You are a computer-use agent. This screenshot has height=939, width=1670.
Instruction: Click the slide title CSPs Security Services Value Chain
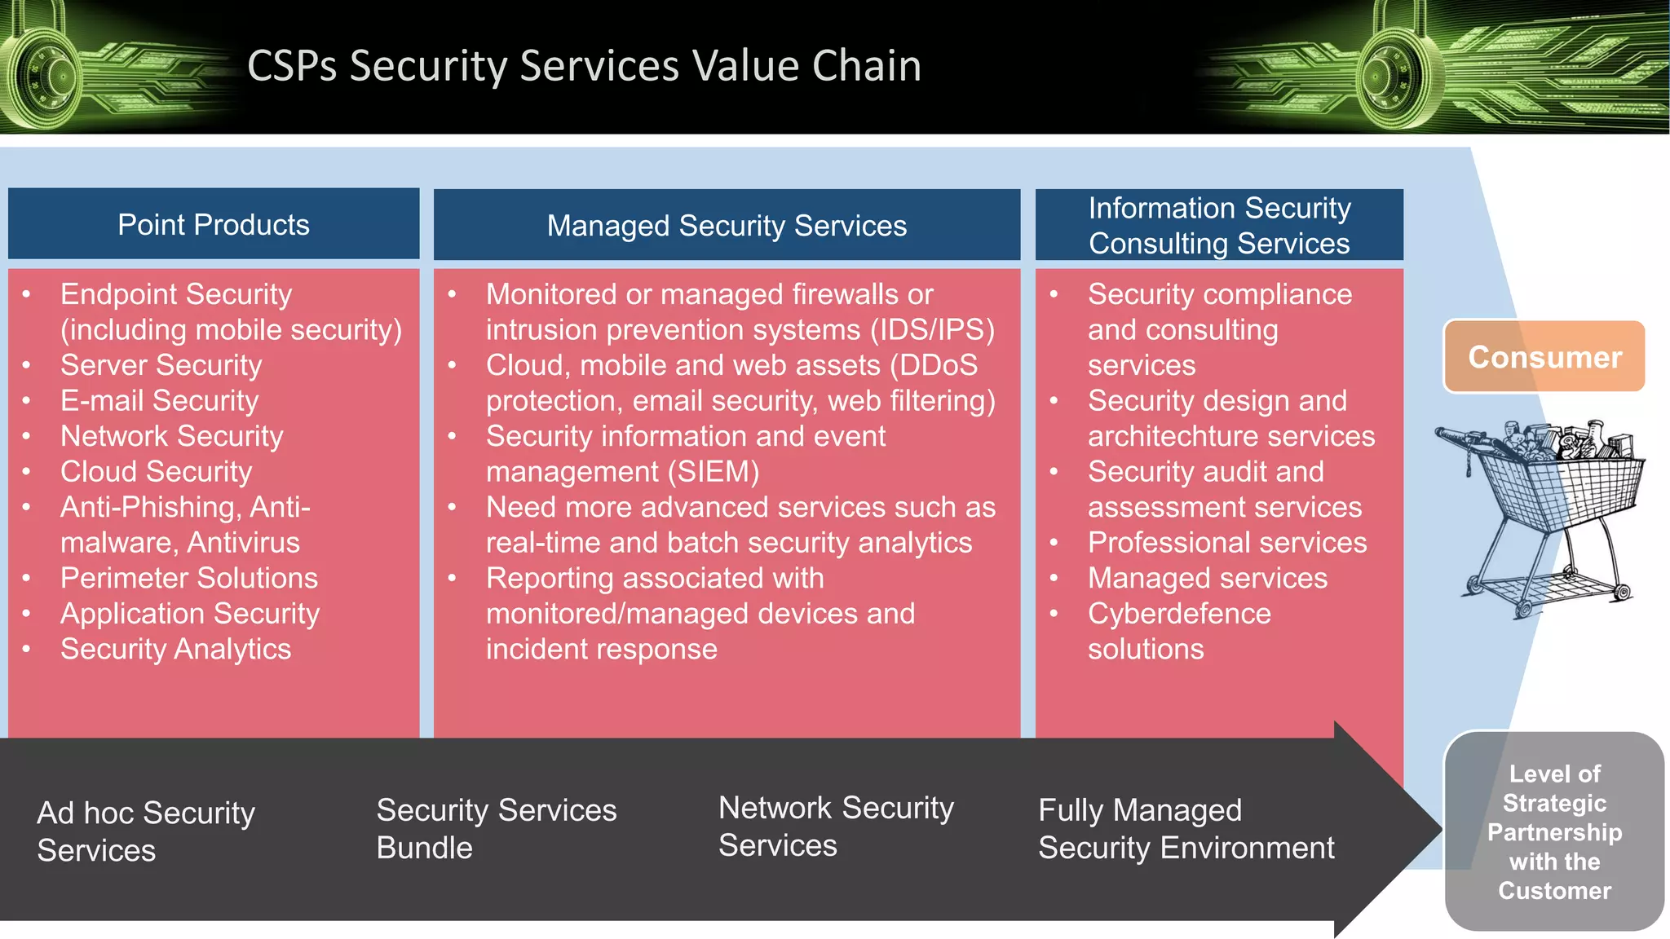584,66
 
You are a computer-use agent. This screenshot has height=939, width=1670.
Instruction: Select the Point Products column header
214,224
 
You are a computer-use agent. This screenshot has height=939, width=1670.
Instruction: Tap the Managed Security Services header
727,225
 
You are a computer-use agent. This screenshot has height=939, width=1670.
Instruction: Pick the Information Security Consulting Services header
1219,225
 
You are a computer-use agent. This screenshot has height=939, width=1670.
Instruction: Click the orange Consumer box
1544,357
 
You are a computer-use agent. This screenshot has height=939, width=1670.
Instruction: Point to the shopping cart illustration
1541,514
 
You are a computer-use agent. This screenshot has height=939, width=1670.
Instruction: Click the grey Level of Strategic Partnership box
1554,831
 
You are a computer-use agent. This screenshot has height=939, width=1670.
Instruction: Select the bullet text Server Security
161,365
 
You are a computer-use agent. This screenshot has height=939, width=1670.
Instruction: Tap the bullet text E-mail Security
159,400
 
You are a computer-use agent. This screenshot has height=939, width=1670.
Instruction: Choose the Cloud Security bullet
156,471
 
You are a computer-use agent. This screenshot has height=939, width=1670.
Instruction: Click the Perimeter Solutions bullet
188,578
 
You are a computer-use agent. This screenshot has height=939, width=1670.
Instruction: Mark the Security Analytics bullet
175,649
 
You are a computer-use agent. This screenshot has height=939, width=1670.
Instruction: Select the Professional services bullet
1226,543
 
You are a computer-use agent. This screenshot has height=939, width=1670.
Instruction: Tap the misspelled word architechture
1173,437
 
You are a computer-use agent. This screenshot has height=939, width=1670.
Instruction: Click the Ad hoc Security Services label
146,831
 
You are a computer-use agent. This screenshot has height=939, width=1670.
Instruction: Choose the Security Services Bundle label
496,828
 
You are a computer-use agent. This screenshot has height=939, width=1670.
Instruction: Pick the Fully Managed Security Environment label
1186,828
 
